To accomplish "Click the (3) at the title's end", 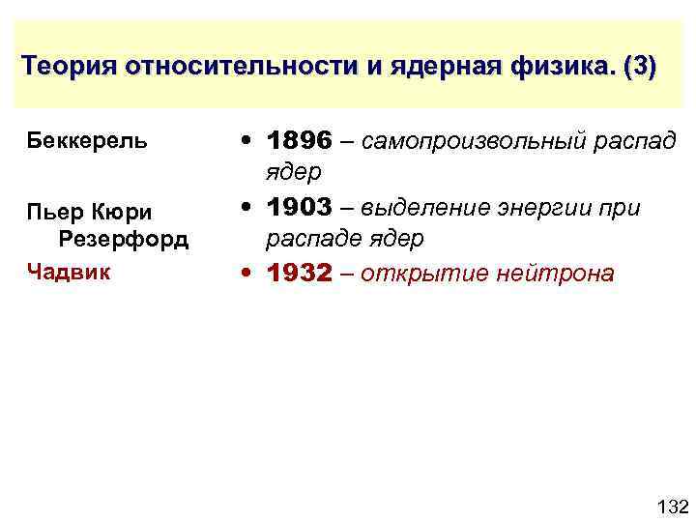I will tap(640, 68).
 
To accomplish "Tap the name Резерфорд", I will tap(124, 238).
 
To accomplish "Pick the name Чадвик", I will tap(69, 272).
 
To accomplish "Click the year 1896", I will tap(300, 142).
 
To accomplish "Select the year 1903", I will tap(300, 208).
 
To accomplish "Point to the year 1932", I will tap(300, 274).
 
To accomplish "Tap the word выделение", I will tap(436, 208).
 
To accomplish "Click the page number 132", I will tap(671, 507).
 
